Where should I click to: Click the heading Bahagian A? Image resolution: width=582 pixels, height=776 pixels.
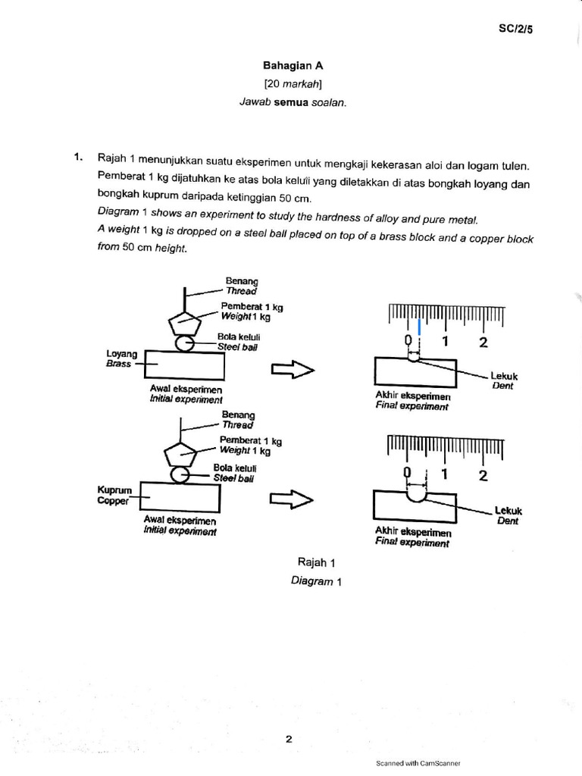pyautogui.click(x=288, y=66)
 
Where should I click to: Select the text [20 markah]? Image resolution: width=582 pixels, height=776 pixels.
pyautogui.click(x=288, y=84)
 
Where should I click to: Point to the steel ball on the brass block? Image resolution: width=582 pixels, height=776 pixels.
pyautogui.click(x=185, y=343)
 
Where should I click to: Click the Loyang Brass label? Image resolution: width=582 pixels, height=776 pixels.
pyautogui.click(x=122, y=358)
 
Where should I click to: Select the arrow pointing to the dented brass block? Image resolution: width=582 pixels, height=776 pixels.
pyautogui.click(x=292, y=369)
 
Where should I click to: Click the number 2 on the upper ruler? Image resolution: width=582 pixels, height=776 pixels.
pyautogui.click(x=483, y=342)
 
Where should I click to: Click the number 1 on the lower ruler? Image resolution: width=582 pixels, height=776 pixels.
pyautogui.click(x=445, y=474)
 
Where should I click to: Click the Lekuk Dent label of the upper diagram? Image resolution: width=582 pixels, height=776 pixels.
pyautogui.click(x=503, y=380)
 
